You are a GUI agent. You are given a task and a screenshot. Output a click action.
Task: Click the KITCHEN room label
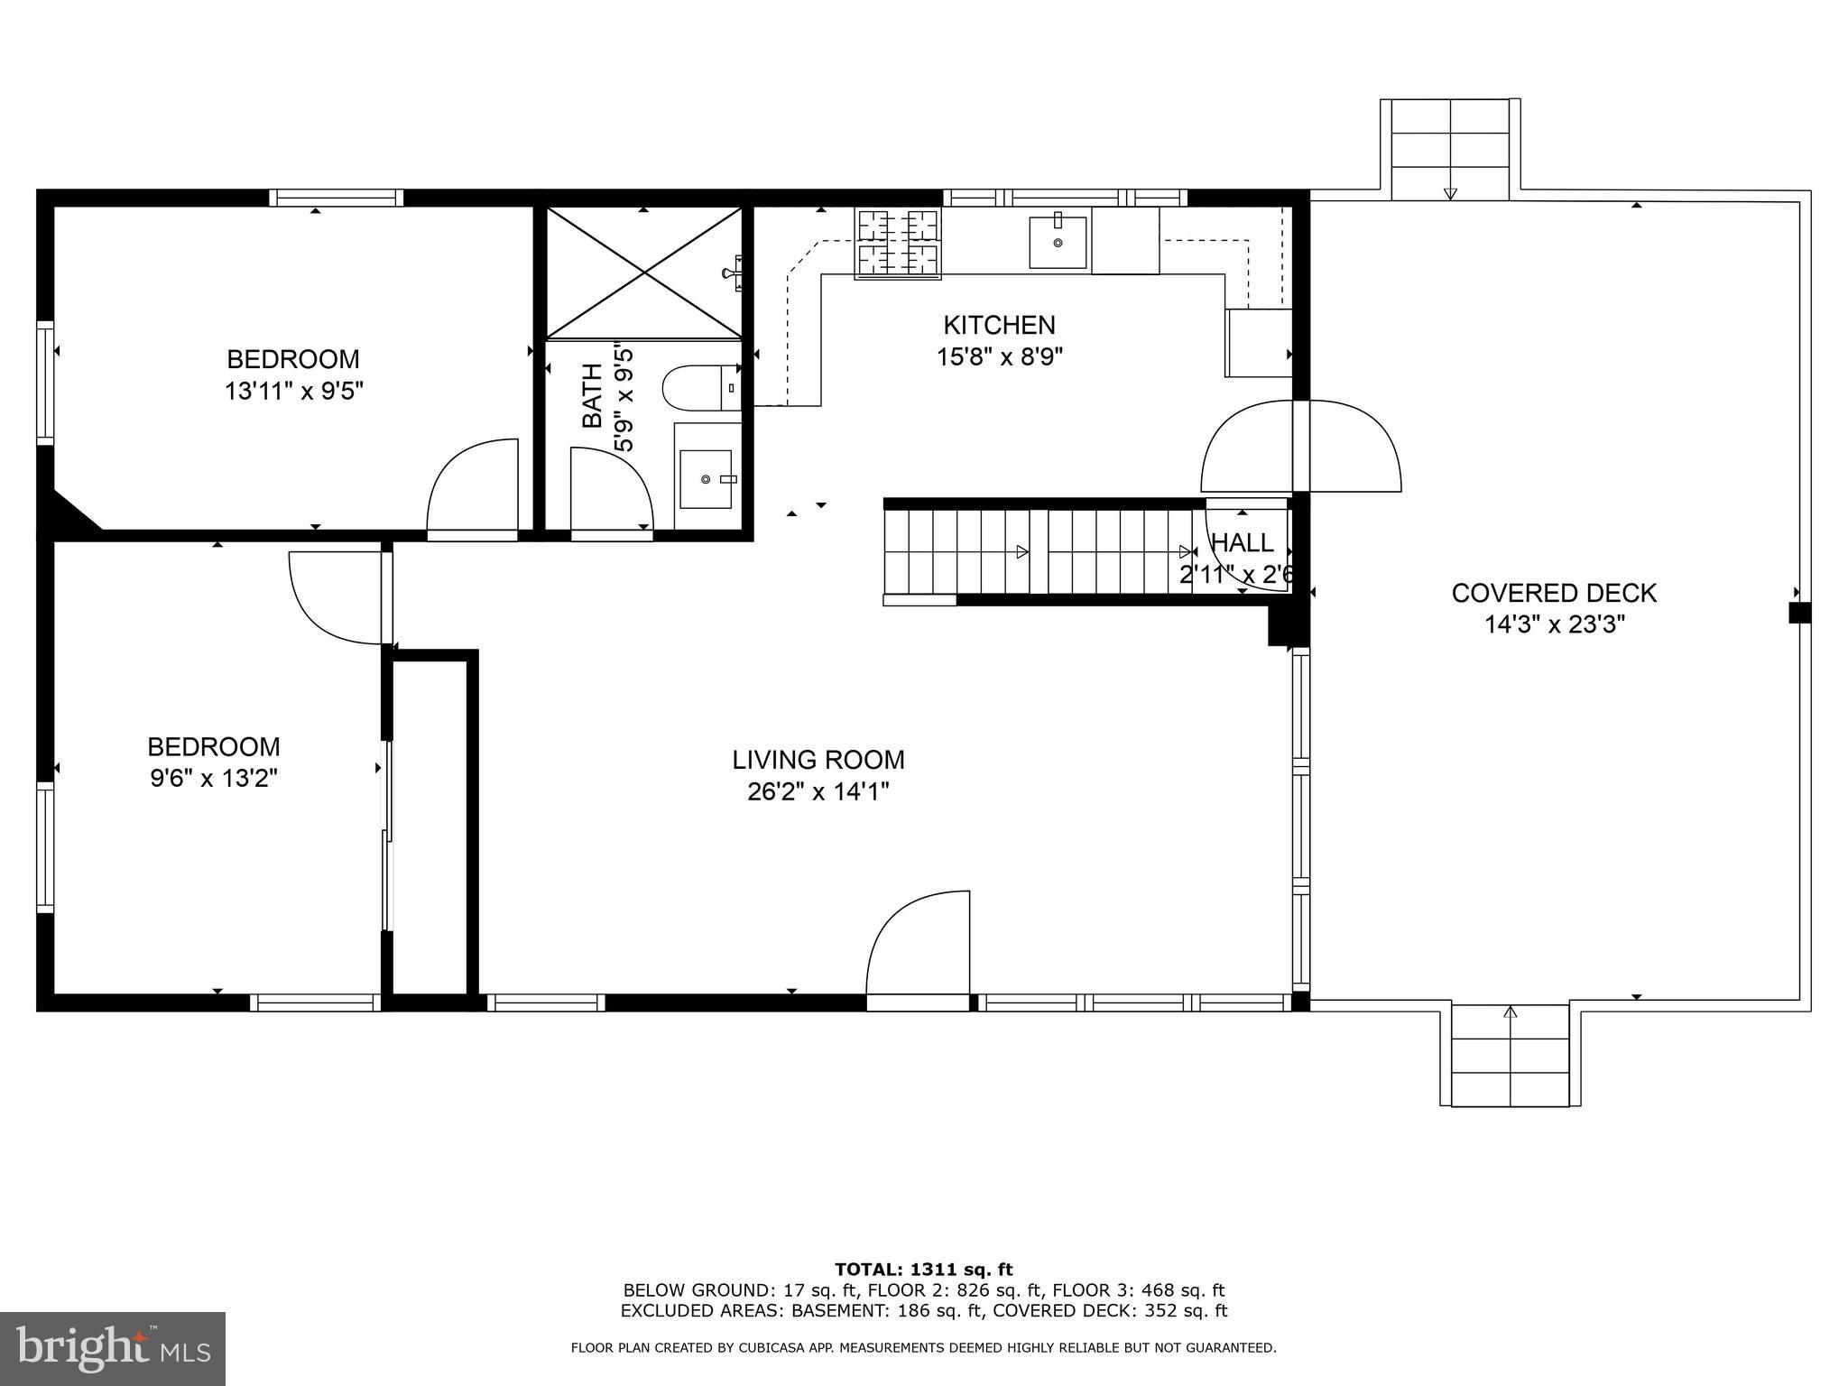999,325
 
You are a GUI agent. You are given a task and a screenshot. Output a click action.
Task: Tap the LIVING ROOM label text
818,760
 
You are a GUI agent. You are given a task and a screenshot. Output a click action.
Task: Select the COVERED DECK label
1554,593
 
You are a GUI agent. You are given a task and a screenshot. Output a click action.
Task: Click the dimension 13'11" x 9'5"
292,391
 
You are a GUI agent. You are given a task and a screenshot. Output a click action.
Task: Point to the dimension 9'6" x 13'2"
213,778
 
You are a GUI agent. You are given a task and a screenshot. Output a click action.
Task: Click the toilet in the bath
700,388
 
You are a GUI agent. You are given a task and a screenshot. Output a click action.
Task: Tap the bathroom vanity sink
706,479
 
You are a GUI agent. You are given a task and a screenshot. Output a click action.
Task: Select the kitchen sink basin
1058,242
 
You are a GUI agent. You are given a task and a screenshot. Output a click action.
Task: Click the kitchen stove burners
898,242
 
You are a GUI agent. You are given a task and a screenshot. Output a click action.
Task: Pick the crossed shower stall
643,273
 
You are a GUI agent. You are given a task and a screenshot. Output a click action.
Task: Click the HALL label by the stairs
1242,543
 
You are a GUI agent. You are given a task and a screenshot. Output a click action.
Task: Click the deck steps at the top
1450,150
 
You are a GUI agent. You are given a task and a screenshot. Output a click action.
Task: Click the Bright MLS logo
113,1348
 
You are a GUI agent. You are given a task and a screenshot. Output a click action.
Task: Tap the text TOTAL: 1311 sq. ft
923,1270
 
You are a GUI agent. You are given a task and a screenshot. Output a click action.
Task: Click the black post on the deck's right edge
1799,613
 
